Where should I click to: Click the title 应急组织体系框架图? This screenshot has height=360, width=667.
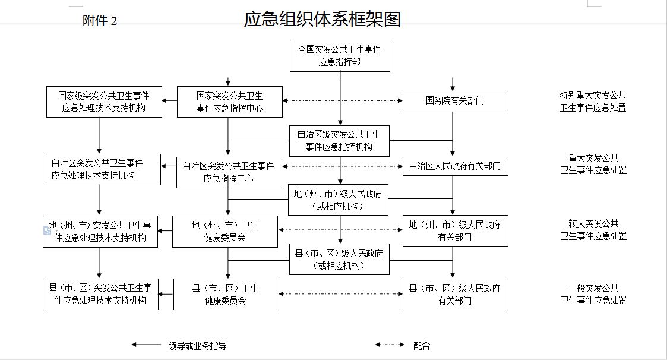(322, 19)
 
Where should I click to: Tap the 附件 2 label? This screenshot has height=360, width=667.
(100, 20)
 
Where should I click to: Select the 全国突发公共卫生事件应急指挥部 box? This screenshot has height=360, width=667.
(340, 56)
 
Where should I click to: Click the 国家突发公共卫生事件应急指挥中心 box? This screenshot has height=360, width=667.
(230, 102)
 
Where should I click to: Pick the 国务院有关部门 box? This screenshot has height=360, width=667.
(455, 100)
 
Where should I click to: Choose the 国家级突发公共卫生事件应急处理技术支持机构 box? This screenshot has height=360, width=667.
(104, 102)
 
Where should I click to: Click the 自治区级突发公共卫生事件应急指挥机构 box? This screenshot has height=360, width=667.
(340, 141)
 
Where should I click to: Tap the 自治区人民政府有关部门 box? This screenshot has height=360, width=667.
(455, 166)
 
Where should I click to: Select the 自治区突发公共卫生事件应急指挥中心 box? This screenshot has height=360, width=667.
(229, 172)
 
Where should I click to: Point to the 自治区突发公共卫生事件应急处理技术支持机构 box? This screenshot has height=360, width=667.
(103, 169)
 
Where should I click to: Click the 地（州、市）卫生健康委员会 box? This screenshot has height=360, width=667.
(225, 232)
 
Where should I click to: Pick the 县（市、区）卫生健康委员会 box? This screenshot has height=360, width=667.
(226, 295)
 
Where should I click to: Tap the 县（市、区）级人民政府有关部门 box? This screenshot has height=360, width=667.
(455, 295)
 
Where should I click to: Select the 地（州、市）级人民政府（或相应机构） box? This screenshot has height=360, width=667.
(338, 200)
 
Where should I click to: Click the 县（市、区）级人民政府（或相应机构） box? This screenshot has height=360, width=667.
(340, 259)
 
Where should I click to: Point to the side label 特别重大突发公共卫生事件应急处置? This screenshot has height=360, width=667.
(593, 101)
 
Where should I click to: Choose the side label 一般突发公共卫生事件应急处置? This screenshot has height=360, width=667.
(593, 294)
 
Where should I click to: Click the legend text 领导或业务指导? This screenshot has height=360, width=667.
(197, 346)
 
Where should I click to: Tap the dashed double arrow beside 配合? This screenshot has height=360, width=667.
(390, 345)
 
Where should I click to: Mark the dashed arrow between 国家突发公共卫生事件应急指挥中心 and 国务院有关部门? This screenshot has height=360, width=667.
(343, 100)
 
